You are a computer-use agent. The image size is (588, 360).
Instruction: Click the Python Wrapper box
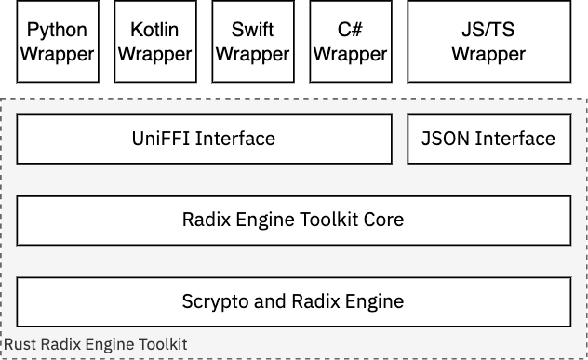[x=58, y=42]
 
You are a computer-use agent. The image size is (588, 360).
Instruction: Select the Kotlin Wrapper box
[x=155, y=42]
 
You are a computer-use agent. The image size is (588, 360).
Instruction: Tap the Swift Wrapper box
[x=253, y=42]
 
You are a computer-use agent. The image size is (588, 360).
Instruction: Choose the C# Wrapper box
[x=351, y=42]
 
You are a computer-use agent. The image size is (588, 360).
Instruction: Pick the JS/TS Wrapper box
[x=488, y=42]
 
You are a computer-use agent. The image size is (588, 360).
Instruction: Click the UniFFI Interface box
[x=204, y=140]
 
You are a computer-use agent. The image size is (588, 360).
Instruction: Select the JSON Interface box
[x=488, y=140]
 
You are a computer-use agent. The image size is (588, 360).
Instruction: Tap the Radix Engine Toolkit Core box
[x=293, y=220]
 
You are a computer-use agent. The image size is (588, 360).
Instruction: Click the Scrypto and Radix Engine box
[x=293, y=301]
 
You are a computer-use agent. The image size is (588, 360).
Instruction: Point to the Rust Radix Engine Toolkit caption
[x=96, y=345]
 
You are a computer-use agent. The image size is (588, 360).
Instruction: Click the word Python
[x=58, y=31]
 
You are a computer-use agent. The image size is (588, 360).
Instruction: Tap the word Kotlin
[x=155, y=31]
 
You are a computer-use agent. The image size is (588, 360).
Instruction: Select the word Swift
[x=253, y=31]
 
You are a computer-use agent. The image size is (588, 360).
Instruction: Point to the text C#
[x=351, y=31]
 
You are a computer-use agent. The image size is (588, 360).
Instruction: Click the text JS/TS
[x=488, y=31]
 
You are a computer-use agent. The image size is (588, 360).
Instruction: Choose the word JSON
[x=446, y=140]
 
